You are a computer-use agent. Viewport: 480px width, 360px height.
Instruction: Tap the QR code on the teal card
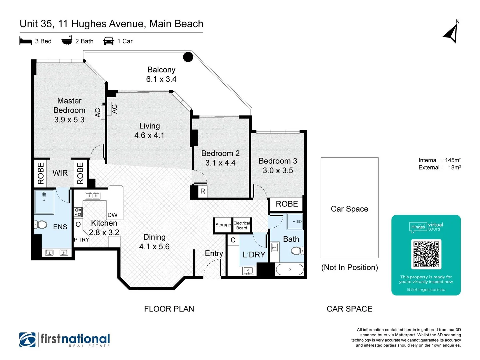point(426,254)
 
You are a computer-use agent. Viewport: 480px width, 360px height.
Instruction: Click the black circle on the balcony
point(188,57)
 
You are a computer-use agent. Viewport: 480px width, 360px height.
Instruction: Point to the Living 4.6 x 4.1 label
point(149,131)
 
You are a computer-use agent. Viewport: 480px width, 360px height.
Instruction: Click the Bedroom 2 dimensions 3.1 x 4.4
point(220,163)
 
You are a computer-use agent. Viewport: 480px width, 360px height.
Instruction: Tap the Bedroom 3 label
point(278,161)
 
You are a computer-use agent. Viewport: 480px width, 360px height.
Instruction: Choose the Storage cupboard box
point(223,225)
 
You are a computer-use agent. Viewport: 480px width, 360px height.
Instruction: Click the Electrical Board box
point(242,225)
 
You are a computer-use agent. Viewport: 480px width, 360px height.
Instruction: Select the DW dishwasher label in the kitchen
point(112,215)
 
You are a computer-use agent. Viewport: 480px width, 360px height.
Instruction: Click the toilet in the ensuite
point(41,225)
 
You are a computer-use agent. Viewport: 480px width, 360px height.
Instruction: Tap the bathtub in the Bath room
point(290,269)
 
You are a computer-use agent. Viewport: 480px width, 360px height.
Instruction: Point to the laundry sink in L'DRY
point(248,271)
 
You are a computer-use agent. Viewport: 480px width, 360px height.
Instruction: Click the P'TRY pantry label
point(81,240)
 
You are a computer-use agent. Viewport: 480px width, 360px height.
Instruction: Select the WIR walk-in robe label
point(60,173)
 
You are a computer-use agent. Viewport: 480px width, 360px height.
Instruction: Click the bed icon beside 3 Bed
point(26,41)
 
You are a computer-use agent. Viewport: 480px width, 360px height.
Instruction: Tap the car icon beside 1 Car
point(109,41)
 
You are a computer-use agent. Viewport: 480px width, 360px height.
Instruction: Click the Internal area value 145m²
point(453,160)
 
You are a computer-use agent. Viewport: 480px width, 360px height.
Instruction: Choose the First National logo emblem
point(27,340)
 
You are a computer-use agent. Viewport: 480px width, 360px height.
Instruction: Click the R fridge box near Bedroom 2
point(202,191)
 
